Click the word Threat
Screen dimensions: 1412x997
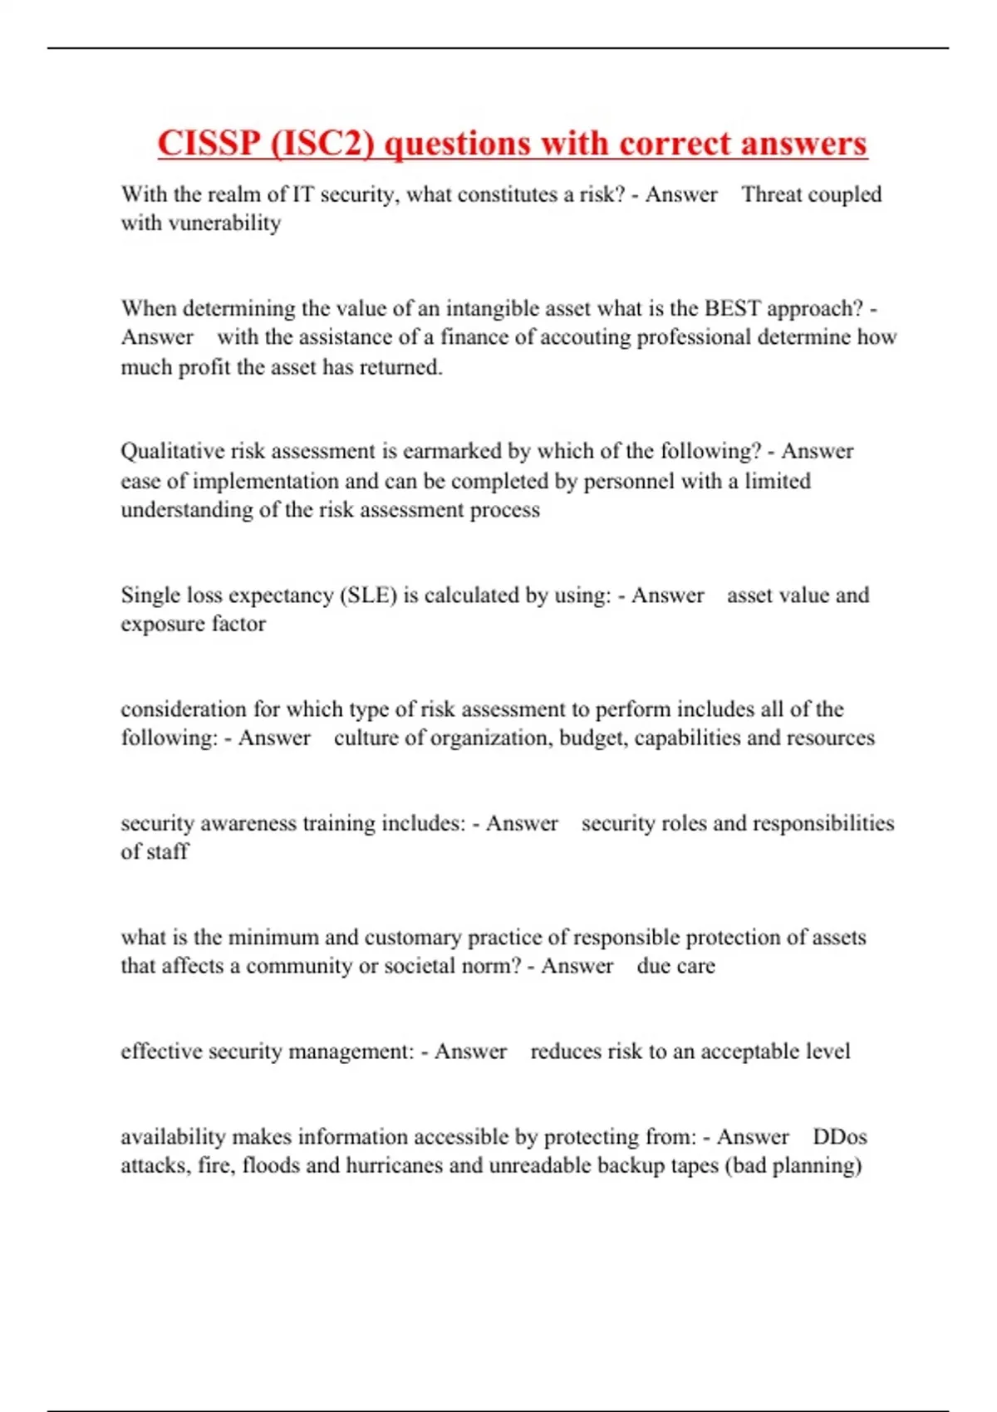pos(772,194)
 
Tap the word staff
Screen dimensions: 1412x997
pos(169,851)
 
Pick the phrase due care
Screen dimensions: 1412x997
pos(675,966)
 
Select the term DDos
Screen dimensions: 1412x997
pos(839,1137)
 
